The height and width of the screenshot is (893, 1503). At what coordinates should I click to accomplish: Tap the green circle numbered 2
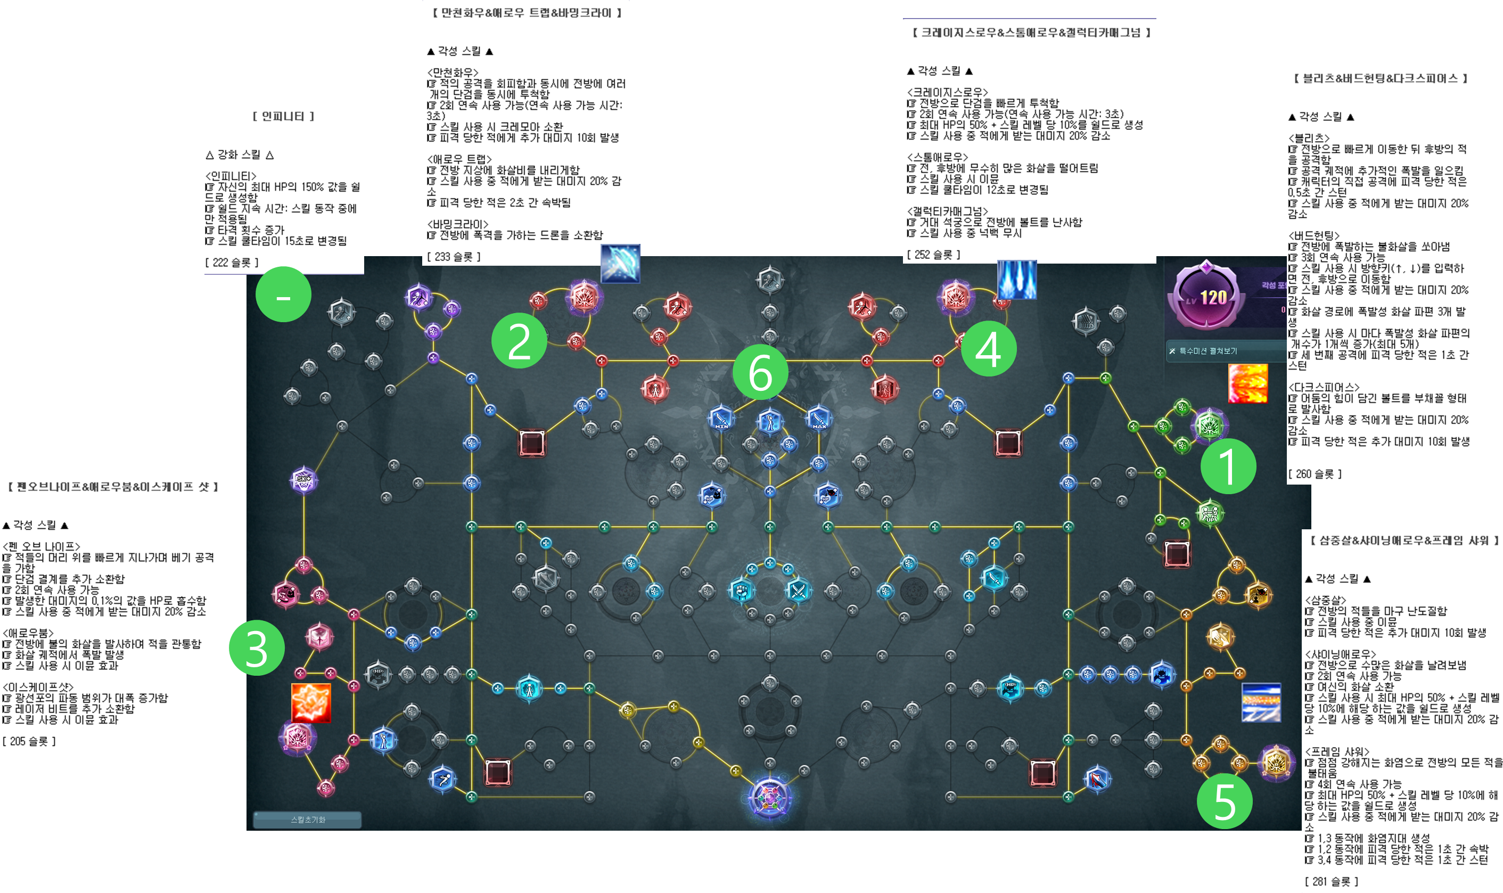pos(519,341)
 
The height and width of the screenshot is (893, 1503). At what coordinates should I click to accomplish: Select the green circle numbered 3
pos(257,648)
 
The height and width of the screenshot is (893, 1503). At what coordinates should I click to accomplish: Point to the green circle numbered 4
pos(989,349)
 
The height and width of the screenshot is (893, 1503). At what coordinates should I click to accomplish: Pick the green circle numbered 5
pos(1225,801)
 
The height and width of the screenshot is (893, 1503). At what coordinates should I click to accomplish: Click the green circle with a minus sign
pos(283,294)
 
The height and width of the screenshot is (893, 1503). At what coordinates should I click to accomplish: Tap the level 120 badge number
pos(1213,297)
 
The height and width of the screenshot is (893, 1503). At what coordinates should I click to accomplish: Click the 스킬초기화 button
pos(307,820)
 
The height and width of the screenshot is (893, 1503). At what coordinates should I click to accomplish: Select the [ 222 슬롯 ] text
pos(232,263)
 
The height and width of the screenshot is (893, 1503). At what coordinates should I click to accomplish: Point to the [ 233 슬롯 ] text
pos(454,256)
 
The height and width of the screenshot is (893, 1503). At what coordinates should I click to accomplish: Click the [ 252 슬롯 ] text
pos(933,255)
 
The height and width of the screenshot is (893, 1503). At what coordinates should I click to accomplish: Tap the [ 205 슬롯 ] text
pos(29,741)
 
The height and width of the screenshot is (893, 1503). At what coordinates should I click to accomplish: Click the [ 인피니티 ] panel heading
pos(283,116)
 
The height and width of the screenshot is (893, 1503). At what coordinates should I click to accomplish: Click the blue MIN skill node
pos(721,417)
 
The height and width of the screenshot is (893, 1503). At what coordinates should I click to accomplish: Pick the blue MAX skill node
pos(818,417)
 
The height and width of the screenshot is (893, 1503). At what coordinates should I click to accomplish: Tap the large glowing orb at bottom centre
pos(769,797)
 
